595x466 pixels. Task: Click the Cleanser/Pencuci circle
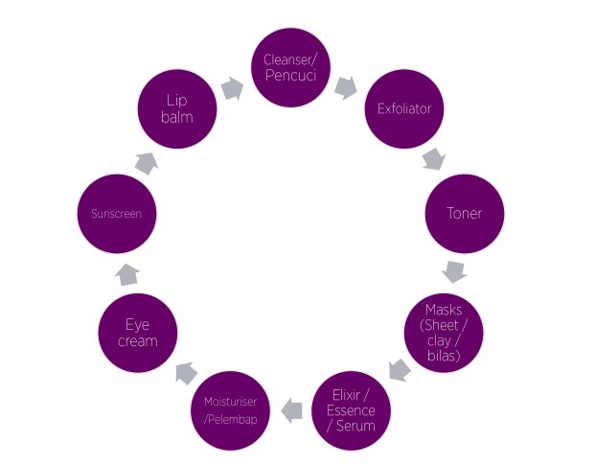click(290, 68)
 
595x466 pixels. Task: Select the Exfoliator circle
click(404, 109)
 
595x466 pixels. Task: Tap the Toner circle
click(465, 214)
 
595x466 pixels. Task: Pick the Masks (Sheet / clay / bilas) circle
click(444, 333)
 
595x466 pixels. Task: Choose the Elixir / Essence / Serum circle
click(351, 410)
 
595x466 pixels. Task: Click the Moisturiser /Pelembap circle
click(230, 410)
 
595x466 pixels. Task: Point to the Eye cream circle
click(138, 333)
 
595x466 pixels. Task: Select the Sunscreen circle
click(117, 214)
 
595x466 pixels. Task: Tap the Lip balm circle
click(177, 109)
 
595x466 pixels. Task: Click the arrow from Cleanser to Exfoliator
click(346, 88)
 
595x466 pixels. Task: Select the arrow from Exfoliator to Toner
click(434, 159)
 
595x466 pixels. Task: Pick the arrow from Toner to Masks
click(454, 271)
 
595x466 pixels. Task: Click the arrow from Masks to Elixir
click(400, 369)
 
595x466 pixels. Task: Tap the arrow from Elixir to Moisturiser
click(291, 410)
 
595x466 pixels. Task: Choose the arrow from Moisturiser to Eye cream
click(186, 373)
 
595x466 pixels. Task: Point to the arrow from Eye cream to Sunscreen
click(127, 275)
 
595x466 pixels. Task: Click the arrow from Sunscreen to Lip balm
click(147, 163)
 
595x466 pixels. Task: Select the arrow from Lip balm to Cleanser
click(232, 89)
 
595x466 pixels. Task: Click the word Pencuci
click(290, 75)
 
